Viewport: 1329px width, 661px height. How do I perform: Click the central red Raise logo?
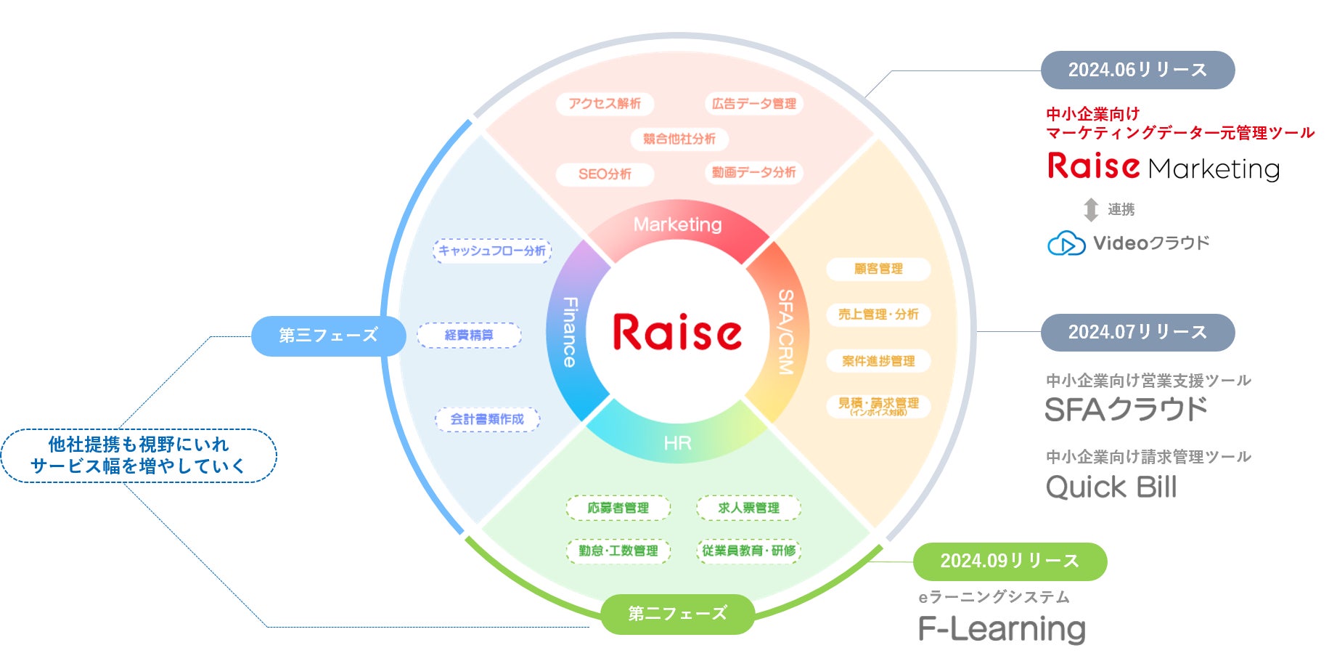676,333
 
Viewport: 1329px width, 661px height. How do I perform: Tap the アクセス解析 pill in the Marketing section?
605,104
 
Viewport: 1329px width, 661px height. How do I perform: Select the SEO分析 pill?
605,174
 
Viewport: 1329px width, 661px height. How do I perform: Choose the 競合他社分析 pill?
679,139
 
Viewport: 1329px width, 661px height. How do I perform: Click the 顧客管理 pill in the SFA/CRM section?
878,269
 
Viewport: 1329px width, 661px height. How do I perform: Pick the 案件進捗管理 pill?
878,361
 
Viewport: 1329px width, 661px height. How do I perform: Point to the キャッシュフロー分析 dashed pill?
492,251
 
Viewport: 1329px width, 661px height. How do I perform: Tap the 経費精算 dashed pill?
469,335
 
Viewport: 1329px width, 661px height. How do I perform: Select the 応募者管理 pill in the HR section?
618,508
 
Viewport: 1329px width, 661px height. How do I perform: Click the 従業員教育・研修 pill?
748,551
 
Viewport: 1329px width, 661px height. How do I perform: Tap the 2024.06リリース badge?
1137,70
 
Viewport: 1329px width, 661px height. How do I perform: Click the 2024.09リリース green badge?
1010,561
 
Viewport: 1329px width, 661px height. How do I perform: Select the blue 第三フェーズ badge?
328,336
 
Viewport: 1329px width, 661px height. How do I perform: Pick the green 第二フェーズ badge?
677,614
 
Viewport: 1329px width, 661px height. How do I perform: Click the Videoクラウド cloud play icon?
1066,243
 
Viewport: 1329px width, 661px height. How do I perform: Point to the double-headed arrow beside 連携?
1090,210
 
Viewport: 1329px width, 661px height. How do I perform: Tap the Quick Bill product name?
1111,487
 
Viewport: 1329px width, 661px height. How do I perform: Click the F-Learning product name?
1002,629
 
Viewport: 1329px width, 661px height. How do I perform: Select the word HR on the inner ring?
677,443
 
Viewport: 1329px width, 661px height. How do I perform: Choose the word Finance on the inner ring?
571,331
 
